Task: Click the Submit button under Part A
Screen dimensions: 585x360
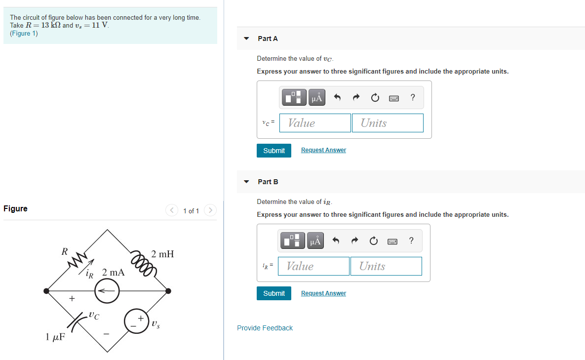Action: coord(274,151)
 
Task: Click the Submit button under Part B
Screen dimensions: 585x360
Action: coord(274,294)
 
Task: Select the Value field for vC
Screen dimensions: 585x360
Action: coord(315,123)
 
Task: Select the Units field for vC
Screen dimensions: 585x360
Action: coord(388,123)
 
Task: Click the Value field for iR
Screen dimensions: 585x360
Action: coord(314,266)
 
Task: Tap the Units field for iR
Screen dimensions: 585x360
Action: coord(386,266)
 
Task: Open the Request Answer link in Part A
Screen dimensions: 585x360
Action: coord(323,150)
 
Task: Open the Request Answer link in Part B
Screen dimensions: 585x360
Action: coord(323,293)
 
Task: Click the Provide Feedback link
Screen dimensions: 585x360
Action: coord(265,328)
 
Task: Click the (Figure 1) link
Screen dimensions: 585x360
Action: coord(24,33)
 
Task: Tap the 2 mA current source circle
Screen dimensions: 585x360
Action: coord(107,291)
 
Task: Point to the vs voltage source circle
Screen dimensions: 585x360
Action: coord(137,321)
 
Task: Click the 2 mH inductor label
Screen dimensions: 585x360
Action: coord(163,254)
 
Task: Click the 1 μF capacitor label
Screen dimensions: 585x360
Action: coord(55,337)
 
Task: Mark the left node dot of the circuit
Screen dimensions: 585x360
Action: coord(46,291)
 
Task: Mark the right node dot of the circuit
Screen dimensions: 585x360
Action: coord(168,291)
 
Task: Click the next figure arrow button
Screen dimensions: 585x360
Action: coord(210,210)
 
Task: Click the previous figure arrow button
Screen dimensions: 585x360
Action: coord(172,210)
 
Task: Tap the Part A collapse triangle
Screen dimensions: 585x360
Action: coord(246,39)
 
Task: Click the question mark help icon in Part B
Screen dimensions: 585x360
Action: coord(411,240)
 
